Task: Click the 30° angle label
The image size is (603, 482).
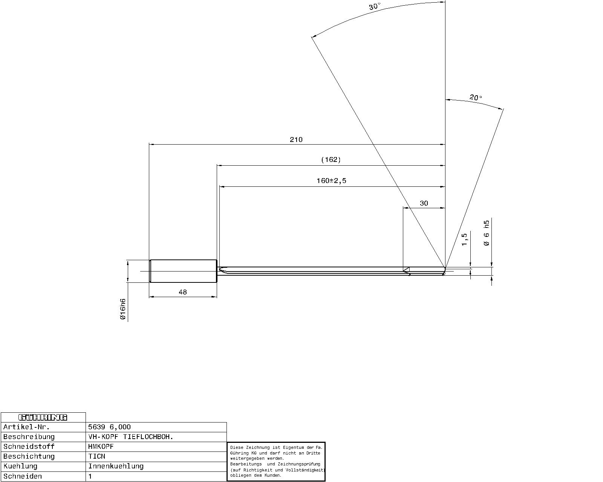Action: [x=374, y=6]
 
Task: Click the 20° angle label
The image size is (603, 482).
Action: [x=476, y=97]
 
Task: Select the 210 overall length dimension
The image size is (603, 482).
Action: [x=296, y=139]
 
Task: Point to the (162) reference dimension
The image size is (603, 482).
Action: [x=331, y=160]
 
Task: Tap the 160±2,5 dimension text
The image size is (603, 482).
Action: [x=332, y=181]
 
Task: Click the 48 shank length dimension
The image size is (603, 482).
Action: [x=183, y=292]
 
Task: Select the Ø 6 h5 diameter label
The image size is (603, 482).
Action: [x=487, y=233]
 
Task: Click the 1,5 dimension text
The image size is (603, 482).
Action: [x=464, y=239]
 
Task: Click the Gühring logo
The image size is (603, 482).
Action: [x=43, y=418]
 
